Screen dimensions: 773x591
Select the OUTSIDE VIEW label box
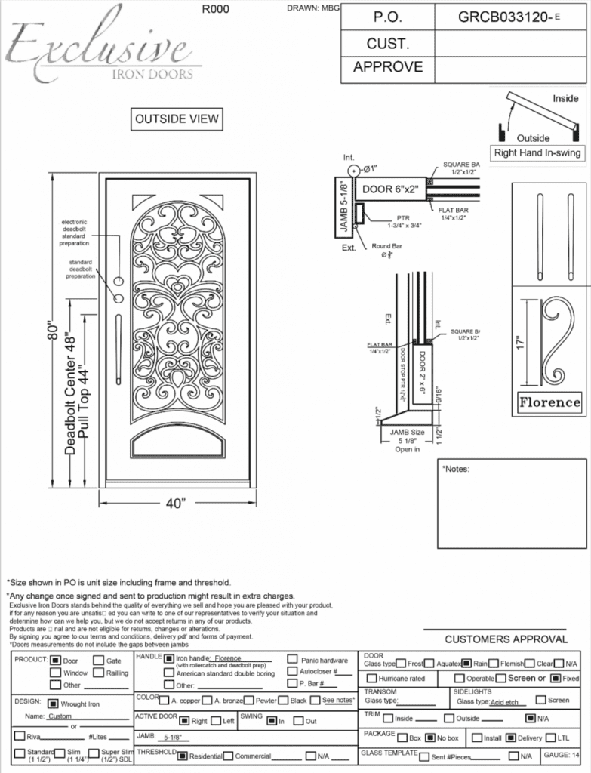click(x=177, y=119)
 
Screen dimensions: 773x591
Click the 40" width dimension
click(x=175, y=504)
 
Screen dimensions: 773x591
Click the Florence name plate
click(x=549, y=402)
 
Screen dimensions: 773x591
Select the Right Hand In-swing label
click(x=537, y=153)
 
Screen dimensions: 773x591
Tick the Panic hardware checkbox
click(x=292, y=660)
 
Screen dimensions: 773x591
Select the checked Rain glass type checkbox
click(x=467, y=664)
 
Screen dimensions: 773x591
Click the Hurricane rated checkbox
click(x=371, y=679)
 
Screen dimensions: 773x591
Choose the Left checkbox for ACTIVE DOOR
click(x=217, y=721)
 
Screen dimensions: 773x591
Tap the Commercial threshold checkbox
click(x=229, y=756)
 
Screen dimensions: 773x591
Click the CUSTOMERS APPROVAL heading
click(x=506, y=639)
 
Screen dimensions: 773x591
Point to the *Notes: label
click(x=457, y=469)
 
